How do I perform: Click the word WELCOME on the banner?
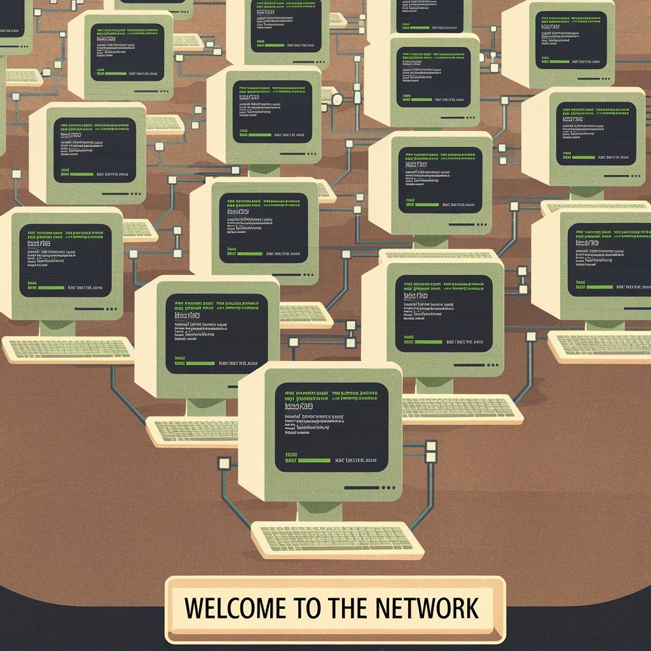click(x=231, y=608)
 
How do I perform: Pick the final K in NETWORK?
click(x=470, y=608)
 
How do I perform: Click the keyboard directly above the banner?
click(x=337, y=538)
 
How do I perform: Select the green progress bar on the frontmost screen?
click(x=313, y=460)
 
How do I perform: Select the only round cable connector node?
click(x=338, y=99)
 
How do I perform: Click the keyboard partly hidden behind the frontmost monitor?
click(x=191, y=431)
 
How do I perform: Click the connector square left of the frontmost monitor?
click(x=223, y=463)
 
